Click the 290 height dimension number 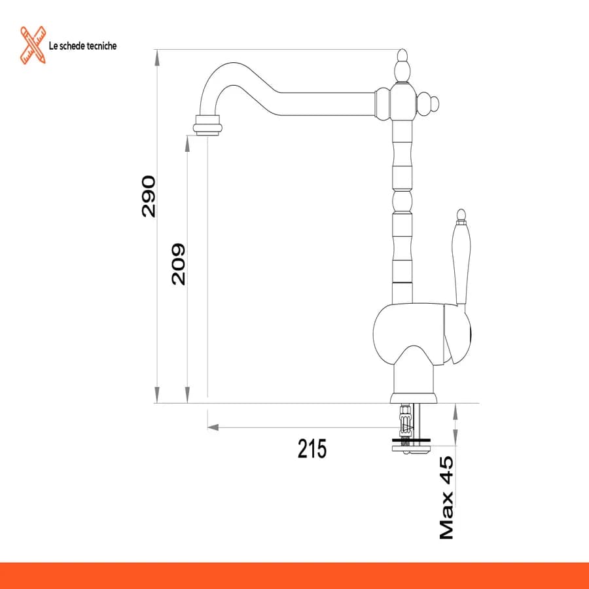click(x=149, y=196)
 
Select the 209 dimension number click(x=179, y=264)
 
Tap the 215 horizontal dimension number click(x=312, y=448)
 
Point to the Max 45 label click(x=446, y=498)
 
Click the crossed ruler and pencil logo click(x=33, y=45)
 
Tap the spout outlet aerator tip click(x=207, y=125)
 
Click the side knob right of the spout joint click(x=428, y=103)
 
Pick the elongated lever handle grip click(x=461, y=263)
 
